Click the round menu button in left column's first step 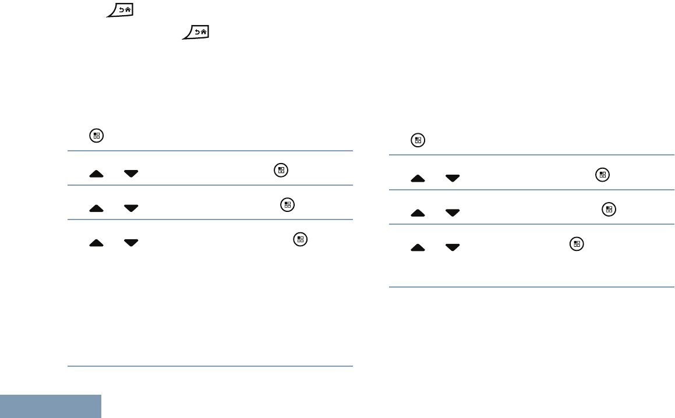point(97,136)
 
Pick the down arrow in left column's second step point(131,173)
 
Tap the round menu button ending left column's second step point(281,171)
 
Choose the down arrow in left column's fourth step point(131,242)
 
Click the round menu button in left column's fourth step point(301,239)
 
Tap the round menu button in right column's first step point(418,140)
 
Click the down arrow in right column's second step point(452,178)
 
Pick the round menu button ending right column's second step point(603,175)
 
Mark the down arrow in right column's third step point(452,212)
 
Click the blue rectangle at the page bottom point(51,406)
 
